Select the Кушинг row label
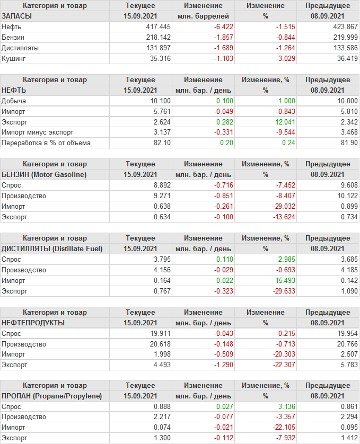[x=14, y=58]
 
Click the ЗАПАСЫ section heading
[x=17, y=16]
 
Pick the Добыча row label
[x=14, y=101]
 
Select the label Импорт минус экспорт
[x=38, y=132]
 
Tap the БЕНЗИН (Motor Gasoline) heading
[x=44, y=174]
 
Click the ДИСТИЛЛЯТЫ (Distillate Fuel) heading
[x=52, y=248]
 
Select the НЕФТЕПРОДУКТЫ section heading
[x=33, y=323]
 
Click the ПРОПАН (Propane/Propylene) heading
[x=52, y=396]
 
